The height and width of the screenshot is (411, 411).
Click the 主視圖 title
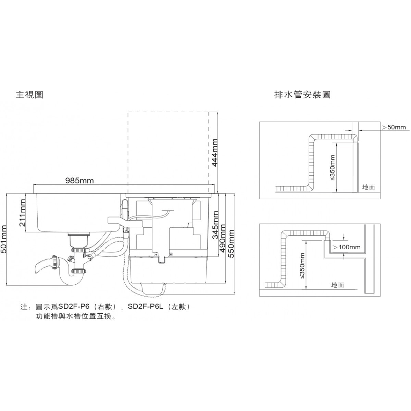coord(29,95)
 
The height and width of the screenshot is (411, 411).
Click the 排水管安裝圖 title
coord(302,95)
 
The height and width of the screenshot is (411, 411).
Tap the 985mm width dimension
coord(79,180)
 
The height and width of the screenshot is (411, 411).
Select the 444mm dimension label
coord(215,152)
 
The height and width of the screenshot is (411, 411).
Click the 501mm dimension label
coord(4,239)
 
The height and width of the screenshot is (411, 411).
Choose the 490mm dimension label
coord(223,238)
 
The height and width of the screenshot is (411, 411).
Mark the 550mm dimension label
coord(231,244)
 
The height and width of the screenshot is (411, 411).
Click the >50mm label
coord(394,127)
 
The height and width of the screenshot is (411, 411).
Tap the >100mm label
coord(347,247)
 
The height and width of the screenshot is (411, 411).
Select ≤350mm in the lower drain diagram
coord(302,266)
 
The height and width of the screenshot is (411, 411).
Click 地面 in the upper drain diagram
coord(369,187)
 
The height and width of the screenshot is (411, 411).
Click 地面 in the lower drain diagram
coord(337,285)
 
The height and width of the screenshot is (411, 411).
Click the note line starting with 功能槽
coord(75,316)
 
